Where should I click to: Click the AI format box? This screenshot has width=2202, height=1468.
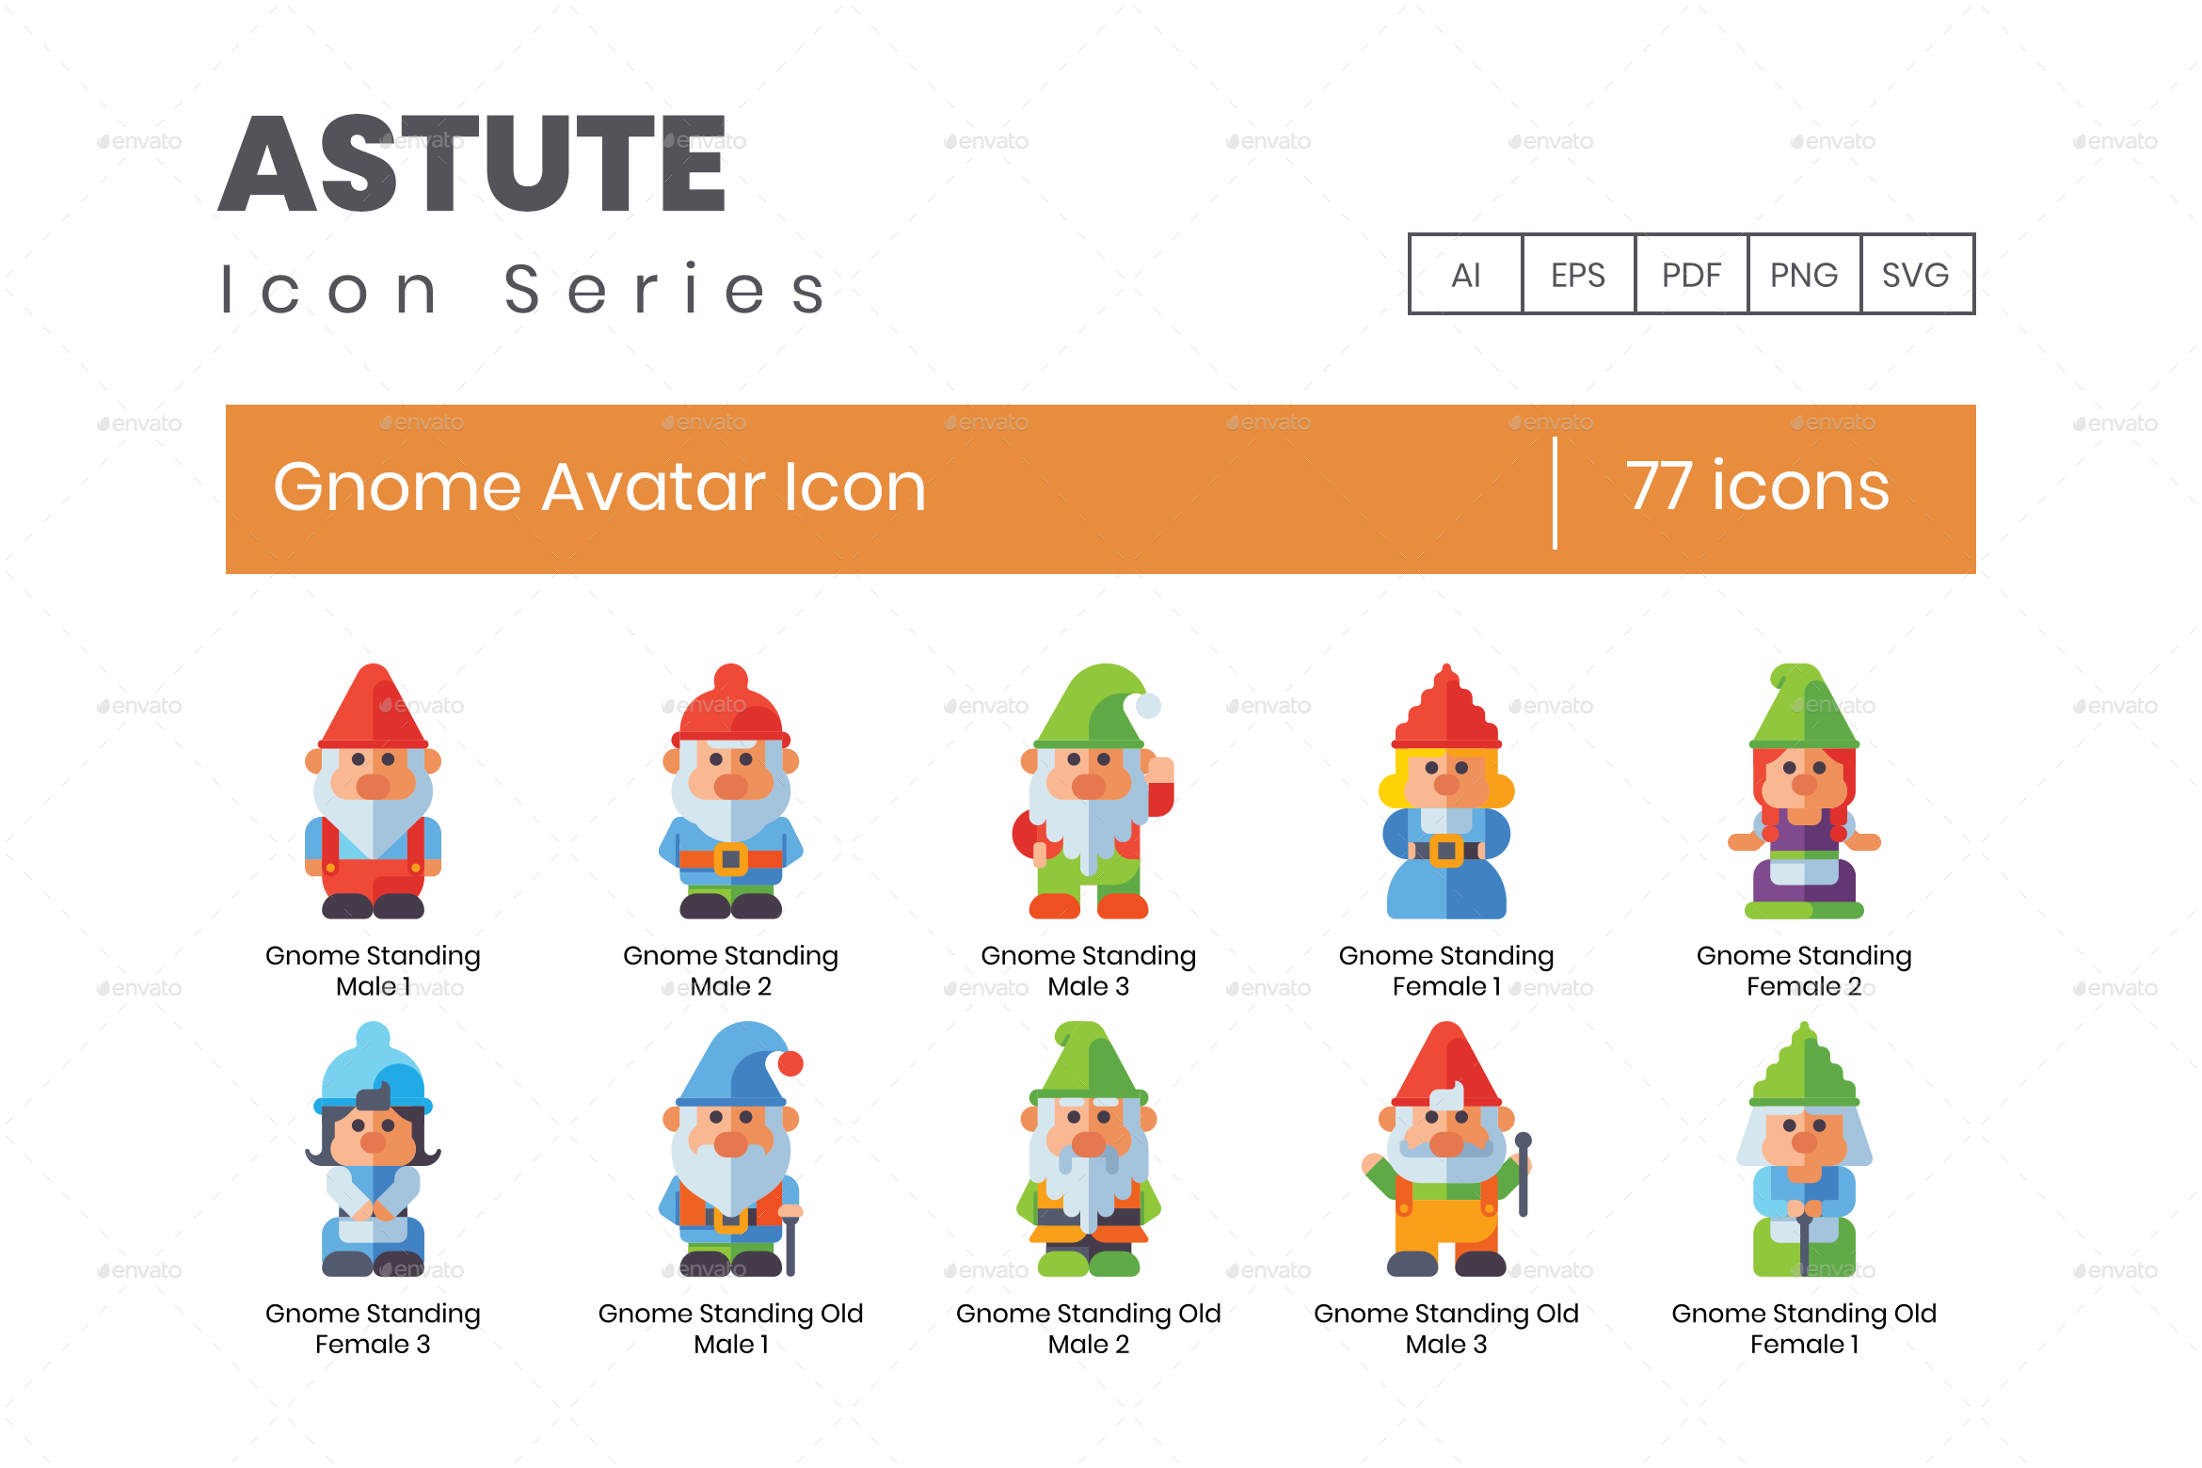point(1465,274)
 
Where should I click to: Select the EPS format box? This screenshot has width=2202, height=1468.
point(1578,274)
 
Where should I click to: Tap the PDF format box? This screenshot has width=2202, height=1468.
point(1691,274)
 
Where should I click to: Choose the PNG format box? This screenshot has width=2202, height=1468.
point(1804,274)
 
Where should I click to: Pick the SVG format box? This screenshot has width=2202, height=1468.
point(1916,274)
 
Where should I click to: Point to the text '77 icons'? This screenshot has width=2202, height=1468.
point(1757,487)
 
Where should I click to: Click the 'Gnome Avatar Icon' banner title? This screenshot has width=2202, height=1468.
point(599,487)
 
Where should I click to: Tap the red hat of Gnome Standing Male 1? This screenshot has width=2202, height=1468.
point(374,710)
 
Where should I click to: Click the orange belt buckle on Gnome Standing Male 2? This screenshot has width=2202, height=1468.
point(731,858)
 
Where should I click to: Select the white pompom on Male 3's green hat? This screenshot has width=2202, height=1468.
point(1148,705)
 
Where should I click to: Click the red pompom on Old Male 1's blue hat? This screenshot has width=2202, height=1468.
point(790,1063)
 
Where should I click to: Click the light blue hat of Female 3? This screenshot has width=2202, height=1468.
point(374,1068)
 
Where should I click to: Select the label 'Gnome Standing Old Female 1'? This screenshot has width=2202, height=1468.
point(1803,1328)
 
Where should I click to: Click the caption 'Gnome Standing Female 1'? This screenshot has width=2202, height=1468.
point(1445,970)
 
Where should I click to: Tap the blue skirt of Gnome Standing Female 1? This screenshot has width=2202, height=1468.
point(1446,889)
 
